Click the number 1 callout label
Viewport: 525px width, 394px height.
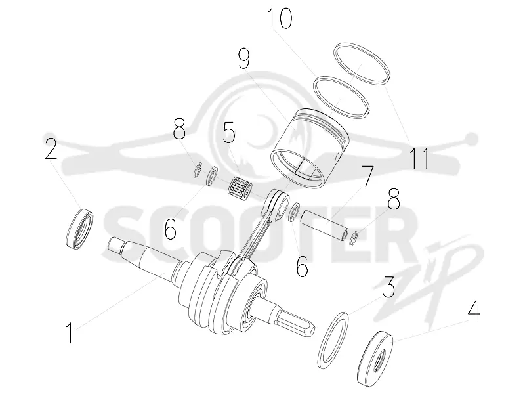(x=70, y=333)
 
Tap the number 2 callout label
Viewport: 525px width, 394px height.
(x=51, y=148)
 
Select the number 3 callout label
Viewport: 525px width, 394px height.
(x=389, y=287)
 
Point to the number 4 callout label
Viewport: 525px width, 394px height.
(x=474, y=310)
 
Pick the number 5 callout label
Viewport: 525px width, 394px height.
(x=229, y=132)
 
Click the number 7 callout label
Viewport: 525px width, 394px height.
(x=367, y=176)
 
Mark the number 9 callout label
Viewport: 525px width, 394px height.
(x=244, y=58)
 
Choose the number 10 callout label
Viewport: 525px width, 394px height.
(x=280, y=18)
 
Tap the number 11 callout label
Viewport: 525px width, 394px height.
(x=419, y=158)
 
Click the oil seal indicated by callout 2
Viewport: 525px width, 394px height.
(x=79, y=229)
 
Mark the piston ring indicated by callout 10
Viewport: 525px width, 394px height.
(x=341, y=97)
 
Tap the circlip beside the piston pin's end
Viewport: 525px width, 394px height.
(x=353, y=238)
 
